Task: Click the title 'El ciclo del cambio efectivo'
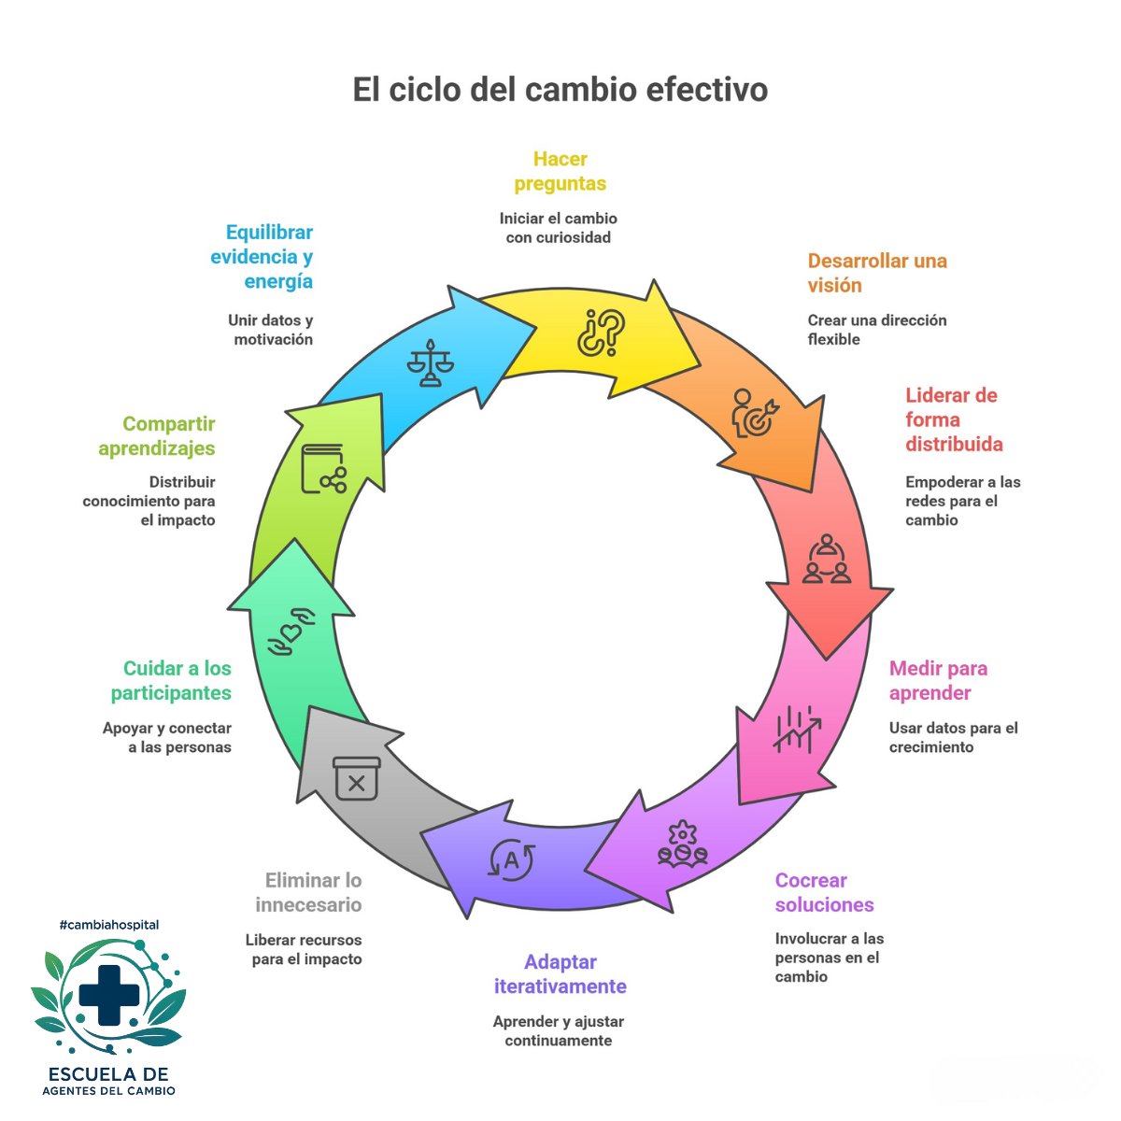[x=560, y=90]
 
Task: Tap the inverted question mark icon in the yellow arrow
[x=601, y=333]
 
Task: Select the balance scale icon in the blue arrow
[x=430, y=363]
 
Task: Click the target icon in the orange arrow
[x=754, y=413]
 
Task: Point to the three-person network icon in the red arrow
[x=827, y=560]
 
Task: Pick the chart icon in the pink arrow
[x=796, y=729]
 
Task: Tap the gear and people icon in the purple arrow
[x=682, y=844]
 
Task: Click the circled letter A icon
[x=512, y=860]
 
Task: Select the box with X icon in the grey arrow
[x=357, y=778]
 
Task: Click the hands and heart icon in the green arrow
[x=291, y=631]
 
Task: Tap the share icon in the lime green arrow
[x=323, y=469]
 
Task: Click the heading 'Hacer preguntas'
[x=560, y=172]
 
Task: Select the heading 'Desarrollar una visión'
[x=876, y=273]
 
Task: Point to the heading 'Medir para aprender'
[x=937, y=681]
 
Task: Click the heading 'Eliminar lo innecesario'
[x=309, y=892]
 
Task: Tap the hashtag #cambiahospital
[x=108, y=925]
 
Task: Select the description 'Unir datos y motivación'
[x=272, y=330]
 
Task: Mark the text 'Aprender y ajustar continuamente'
[x=559, y=1031]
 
